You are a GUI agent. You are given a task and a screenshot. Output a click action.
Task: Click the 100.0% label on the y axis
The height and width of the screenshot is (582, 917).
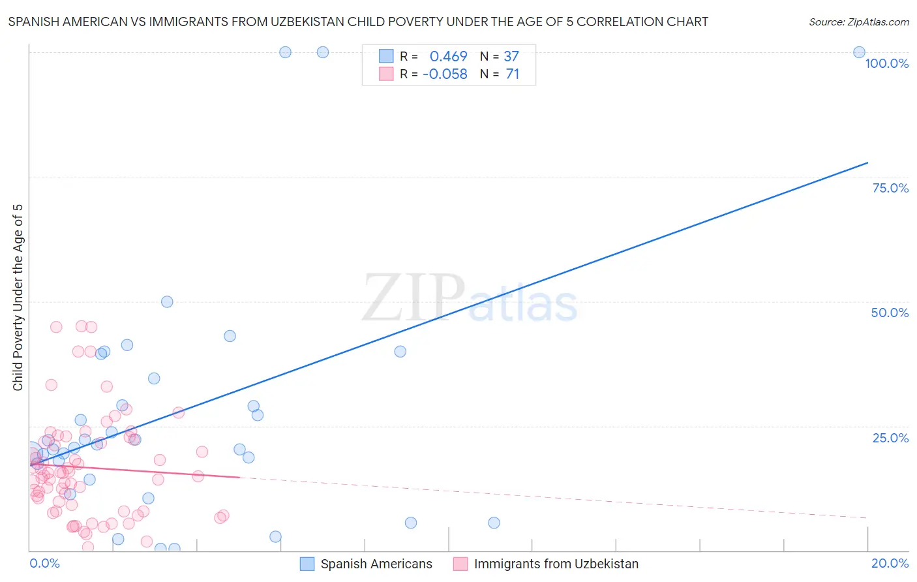tap(886, 63)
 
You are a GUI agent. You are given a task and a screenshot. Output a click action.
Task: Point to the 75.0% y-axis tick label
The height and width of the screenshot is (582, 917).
tap(890, 188)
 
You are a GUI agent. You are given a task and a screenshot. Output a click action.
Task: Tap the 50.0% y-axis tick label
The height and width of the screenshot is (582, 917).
tap(890, 313)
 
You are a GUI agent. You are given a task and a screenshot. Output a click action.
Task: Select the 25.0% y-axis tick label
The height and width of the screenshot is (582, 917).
tap(890, 438)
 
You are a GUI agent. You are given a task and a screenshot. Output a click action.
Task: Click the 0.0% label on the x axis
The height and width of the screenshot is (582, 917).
tap(44, 563)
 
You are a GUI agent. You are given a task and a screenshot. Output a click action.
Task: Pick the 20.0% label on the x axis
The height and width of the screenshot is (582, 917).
tap(890, 563)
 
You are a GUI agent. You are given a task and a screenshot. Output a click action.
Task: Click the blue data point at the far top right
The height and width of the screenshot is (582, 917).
tap(859, 52)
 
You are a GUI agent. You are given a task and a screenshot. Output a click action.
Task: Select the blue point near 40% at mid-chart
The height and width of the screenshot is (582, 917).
tap(400, 351)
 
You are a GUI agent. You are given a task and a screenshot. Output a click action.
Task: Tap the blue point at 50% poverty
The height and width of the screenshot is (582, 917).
tap(167, 301)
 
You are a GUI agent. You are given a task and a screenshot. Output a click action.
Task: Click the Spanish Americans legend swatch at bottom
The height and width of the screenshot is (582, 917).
tap(307, 564)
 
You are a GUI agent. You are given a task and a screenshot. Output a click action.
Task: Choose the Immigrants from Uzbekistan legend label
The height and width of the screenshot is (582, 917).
tap(556, 564)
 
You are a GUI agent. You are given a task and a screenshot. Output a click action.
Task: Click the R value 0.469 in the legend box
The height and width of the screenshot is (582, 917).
tap(448, 56)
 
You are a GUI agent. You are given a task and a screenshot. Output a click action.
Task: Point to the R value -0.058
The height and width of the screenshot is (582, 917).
tap(445, 74)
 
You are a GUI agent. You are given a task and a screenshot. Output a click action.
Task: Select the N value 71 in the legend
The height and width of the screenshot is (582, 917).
tap(513, 74)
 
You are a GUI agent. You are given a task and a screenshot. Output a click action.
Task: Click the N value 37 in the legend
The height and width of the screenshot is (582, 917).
tap(511, 56)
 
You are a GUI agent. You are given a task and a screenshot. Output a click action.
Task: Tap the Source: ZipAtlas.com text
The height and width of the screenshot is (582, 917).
tap(858, 22)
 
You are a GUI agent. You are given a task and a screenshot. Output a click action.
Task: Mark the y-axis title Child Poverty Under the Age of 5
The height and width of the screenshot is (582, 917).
tap(18, 298)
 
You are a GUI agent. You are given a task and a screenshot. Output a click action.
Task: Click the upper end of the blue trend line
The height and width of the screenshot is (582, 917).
tap(867, 162)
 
